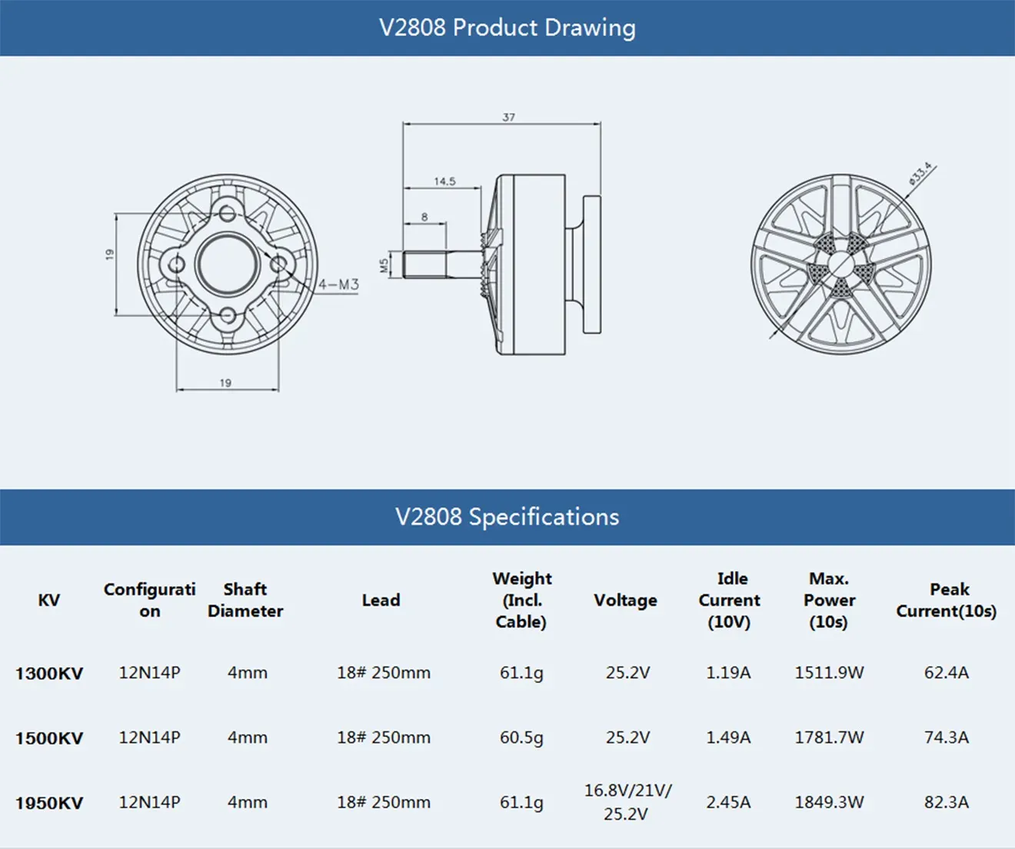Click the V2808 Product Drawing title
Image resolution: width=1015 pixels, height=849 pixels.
(507, 28)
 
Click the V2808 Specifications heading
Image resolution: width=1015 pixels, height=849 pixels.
(507, 517)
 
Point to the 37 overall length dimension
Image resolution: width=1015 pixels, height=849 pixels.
(508, 117)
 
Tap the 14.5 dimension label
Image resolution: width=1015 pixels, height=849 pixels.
(444, 181)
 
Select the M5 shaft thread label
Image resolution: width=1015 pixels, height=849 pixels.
(384, 265)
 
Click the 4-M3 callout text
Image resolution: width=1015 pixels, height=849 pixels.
(338, 285)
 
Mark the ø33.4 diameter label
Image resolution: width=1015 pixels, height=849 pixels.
(920, 174)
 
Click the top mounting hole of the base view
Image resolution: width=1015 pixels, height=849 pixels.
(227, 213)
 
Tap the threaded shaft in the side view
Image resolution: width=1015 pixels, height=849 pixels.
(427, 265)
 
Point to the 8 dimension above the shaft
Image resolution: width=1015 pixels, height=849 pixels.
(424, 218)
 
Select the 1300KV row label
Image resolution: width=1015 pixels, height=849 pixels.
(49, 674)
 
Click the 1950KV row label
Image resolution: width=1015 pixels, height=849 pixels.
(49, 803)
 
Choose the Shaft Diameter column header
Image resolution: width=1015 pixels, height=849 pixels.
(245, 600)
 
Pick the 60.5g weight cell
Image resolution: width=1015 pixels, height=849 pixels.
(521, 737)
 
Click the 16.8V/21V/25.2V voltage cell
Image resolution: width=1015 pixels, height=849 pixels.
(627, 802)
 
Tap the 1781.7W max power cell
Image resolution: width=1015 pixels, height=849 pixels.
(829, 737)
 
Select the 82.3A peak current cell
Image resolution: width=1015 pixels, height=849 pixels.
(946, 802)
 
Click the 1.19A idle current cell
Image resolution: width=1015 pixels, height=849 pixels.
(728, 673)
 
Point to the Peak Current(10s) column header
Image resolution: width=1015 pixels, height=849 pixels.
(947, 600)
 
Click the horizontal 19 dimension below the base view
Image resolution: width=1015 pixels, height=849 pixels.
(225, 382)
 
